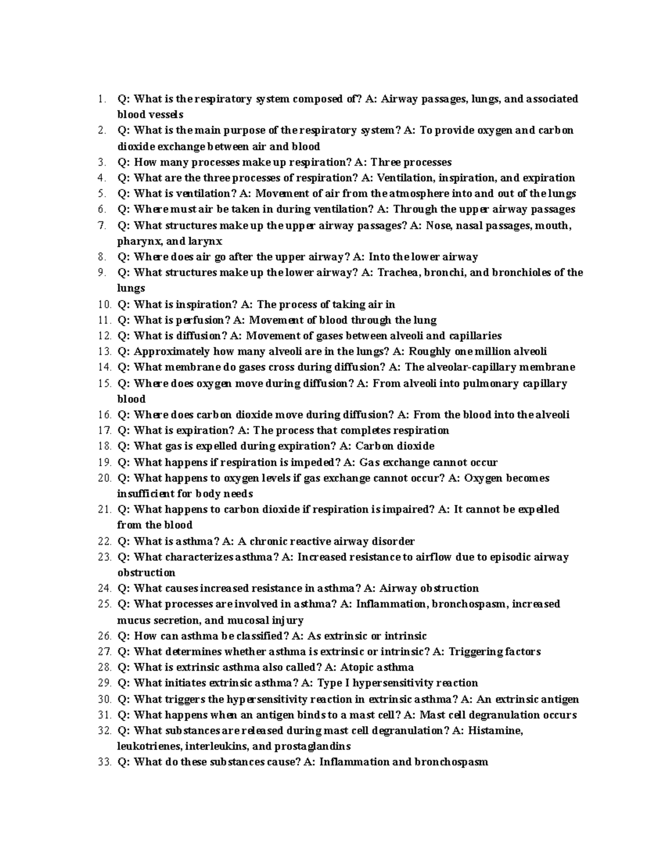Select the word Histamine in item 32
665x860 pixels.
pos(495,730)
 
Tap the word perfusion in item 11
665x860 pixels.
pos(202,320)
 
